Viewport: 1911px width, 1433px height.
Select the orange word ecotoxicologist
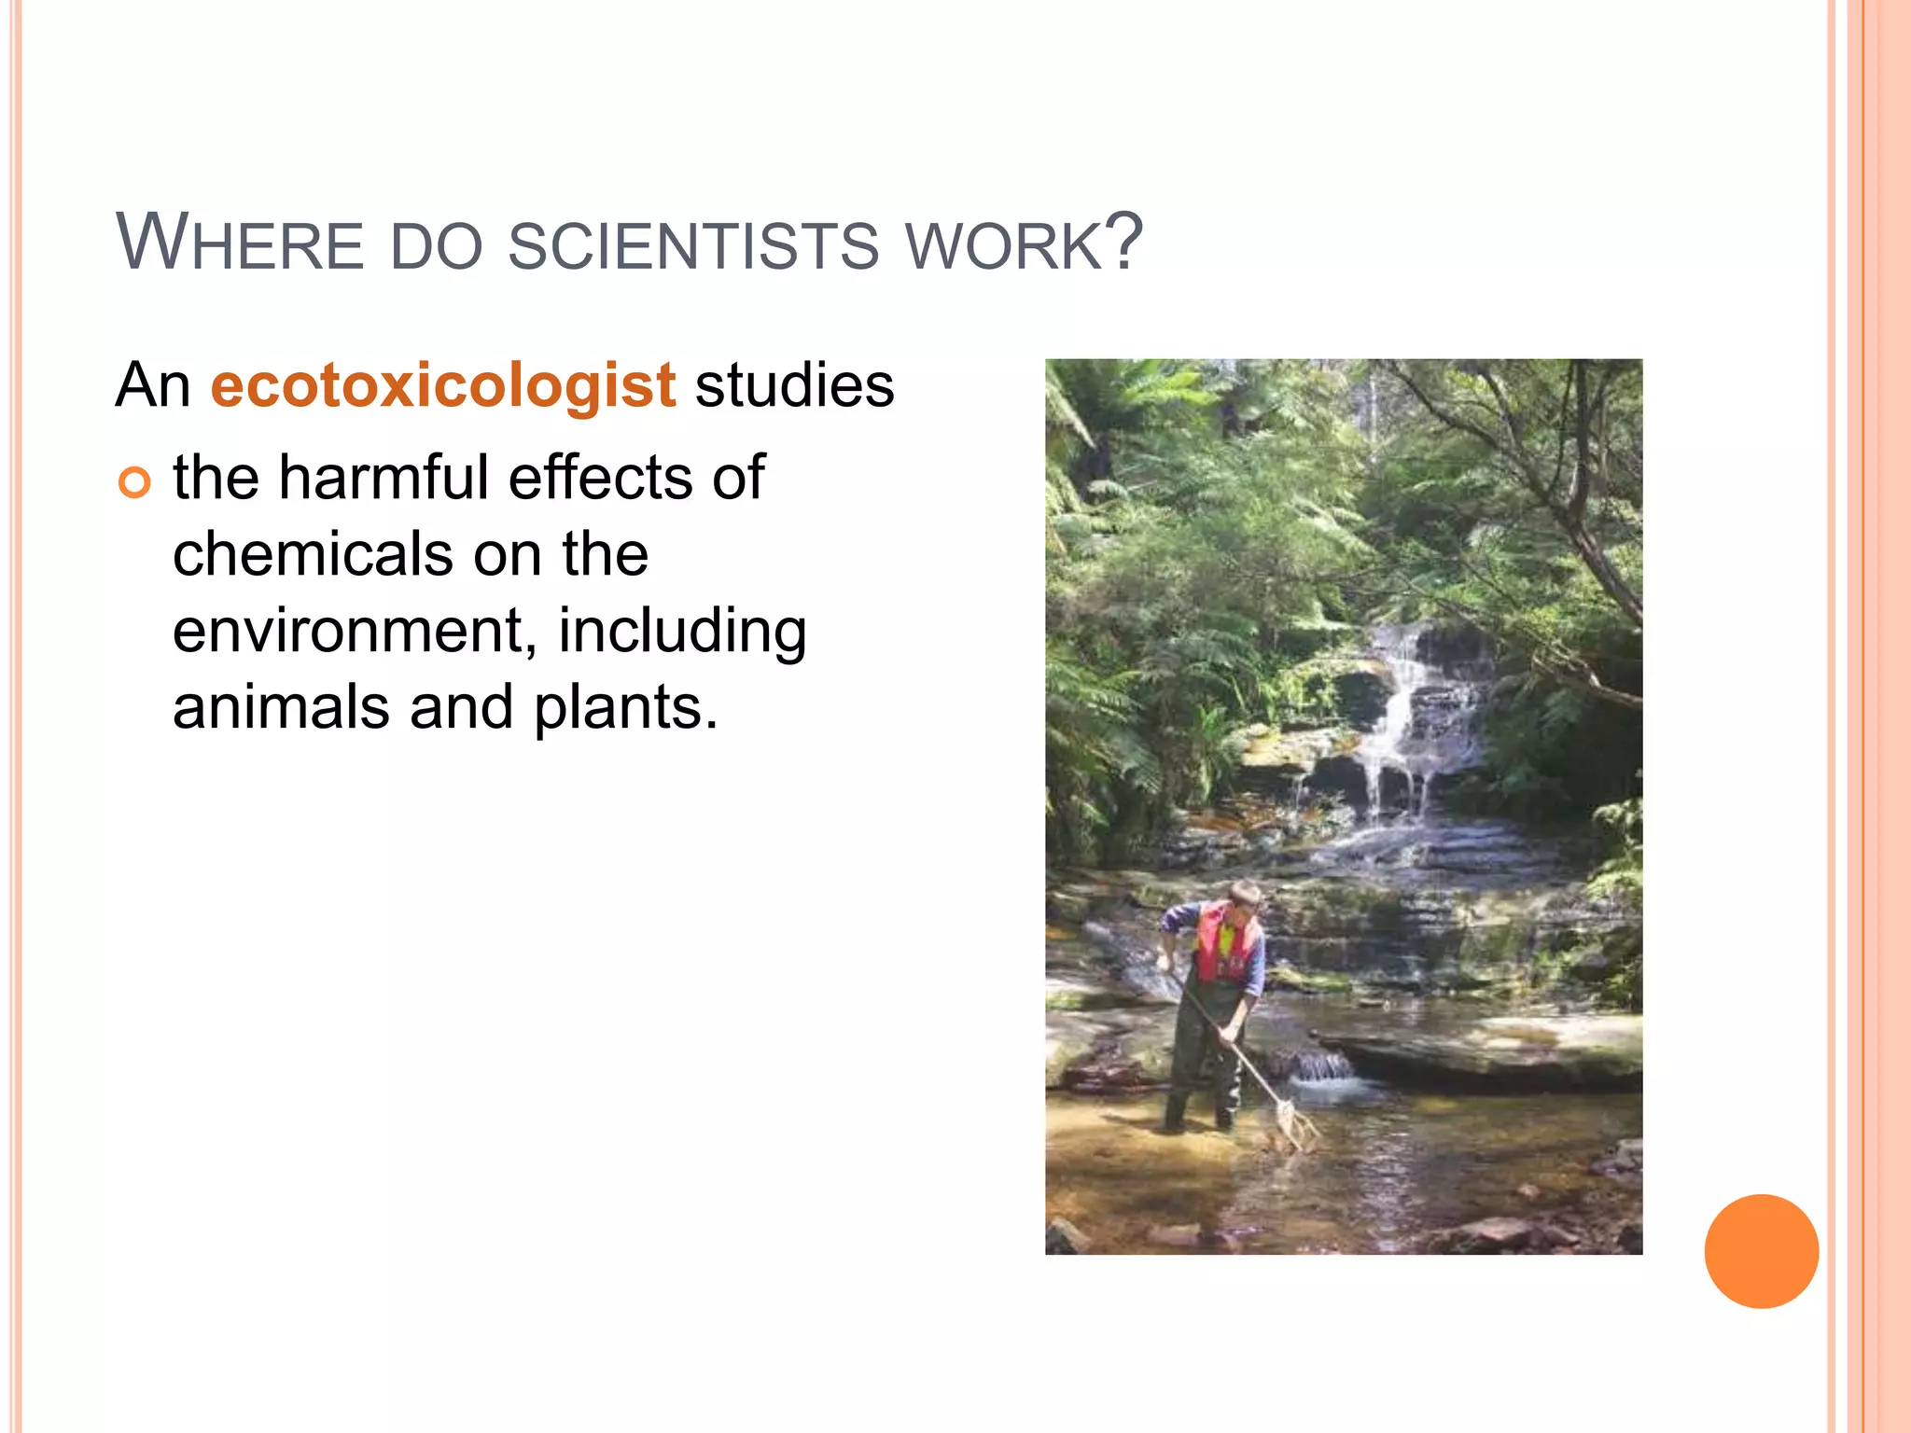pyautogui.click(x=442, y=385)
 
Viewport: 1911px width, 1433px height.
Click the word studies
pyautogui.click(x=794, y=385)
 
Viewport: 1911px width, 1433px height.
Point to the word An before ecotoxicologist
pyautogui.click(x=152, y=385)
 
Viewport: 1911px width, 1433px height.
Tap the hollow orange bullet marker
pyautogui.click(x=134, y=483)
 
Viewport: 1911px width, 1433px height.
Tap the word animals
pyautogui.click(x=281, y=708)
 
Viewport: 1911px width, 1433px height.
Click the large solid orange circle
pyautogui.click(x=1761, y=1251)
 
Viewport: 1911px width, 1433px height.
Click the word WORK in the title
pyautogui.click(x=1006, y=246)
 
